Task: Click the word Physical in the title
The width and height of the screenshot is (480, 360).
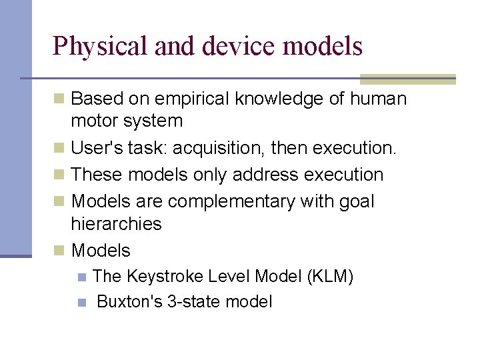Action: coord(100,47)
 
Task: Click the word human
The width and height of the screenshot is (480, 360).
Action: coord(377,99)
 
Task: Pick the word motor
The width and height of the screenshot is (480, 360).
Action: coord(93,121)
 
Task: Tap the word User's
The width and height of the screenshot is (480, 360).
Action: coord(94,148)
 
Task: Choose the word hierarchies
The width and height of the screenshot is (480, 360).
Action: coord(116,224)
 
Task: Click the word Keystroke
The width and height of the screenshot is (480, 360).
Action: coord(165,277)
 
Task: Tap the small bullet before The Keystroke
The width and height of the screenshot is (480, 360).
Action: coord(82,277)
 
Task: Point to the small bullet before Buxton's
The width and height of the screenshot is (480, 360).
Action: coord(82,302)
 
